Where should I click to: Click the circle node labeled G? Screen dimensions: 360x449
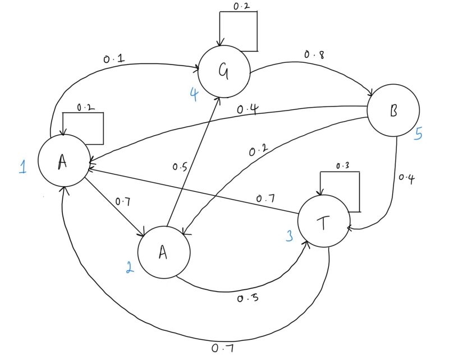227,71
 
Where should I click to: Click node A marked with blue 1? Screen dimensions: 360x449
63,161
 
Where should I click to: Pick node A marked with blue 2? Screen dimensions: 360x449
163,252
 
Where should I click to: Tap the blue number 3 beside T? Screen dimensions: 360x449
290,236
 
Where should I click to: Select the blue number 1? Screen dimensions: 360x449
22,167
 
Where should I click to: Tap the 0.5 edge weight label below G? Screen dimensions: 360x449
180,167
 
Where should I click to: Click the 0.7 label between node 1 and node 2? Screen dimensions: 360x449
123,201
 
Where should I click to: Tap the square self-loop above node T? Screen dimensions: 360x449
340,191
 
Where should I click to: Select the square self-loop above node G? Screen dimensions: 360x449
238,31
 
